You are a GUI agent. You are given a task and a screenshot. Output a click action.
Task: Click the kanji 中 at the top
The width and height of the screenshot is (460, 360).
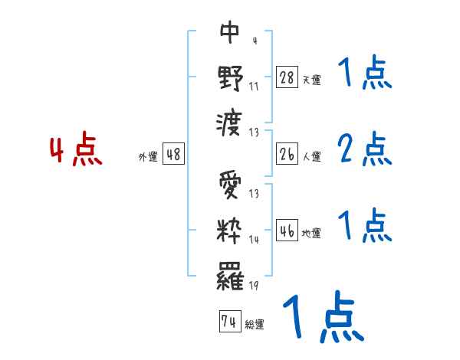pos(229,33)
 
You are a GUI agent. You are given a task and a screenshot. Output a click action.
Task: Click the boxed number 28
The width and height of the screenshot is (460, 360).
pos(286,77)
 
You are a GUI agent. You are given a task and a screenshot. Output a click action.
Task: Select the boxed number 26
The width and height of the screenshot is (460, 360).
pos(286,154)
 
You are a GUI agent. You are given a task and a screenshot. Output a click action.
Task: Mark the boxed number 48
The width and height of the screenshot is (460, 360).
pos(173,154)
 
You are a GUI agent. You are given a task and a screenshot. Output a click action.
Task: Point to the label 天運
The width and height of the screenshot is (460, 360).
pos(311,80)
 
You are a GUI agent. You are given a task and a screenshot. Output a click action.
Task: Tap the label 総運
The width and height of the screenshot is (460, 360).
pos(255,325)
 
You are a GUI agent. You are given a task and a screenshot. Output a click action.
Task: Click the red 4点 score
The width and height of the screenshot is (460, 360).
pos(77,151)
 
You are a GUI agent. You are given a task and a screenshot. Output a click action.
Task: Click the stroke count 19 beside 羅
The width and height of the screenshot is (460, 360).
pos(254,286)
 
